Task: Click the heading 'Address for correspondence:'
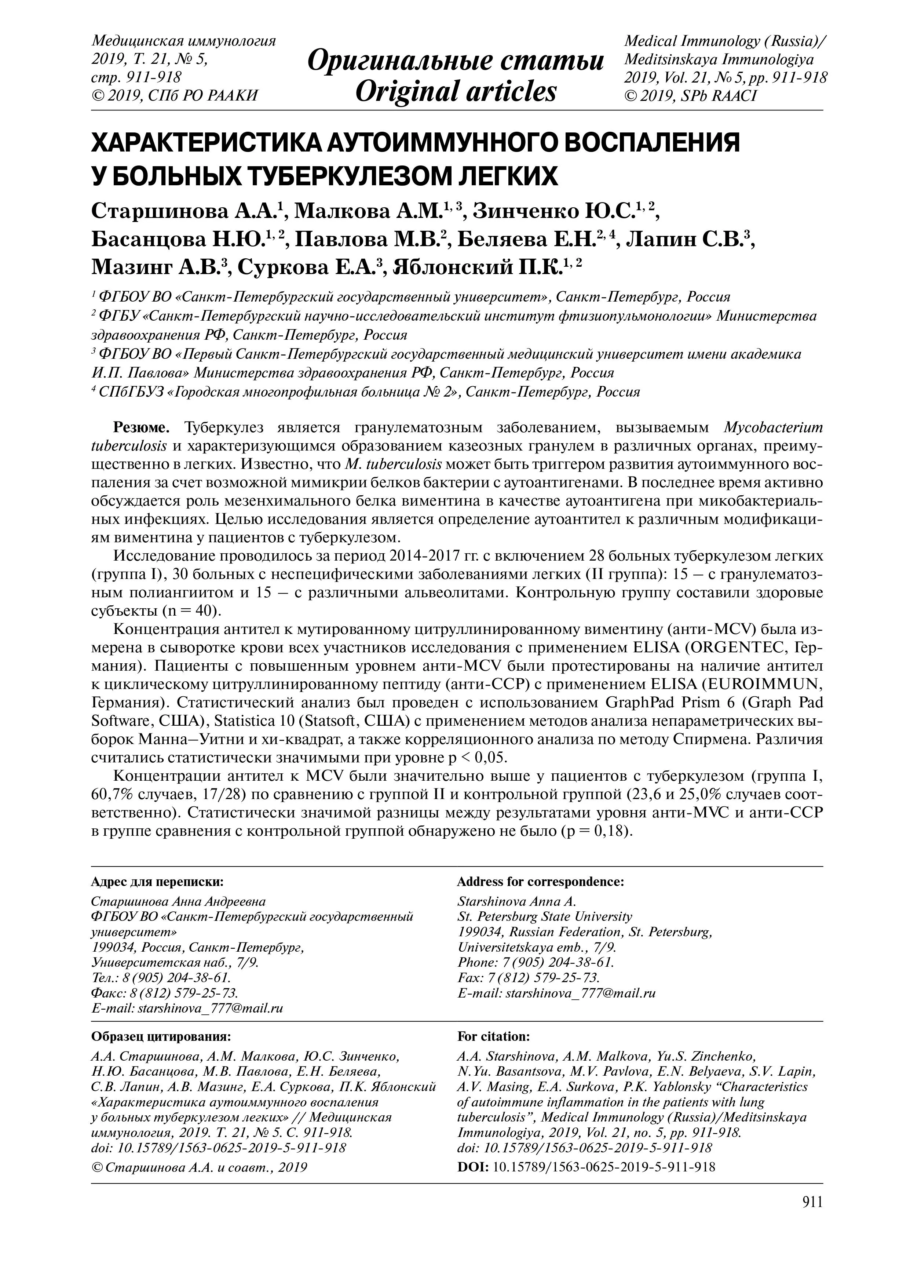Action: [540, 882]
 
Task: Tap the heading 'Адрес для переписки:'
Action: [157, 882]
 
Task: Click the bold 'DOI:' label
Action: [473, 1167]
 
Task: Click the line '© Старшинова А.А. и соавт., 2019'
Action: [199, 1167]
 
